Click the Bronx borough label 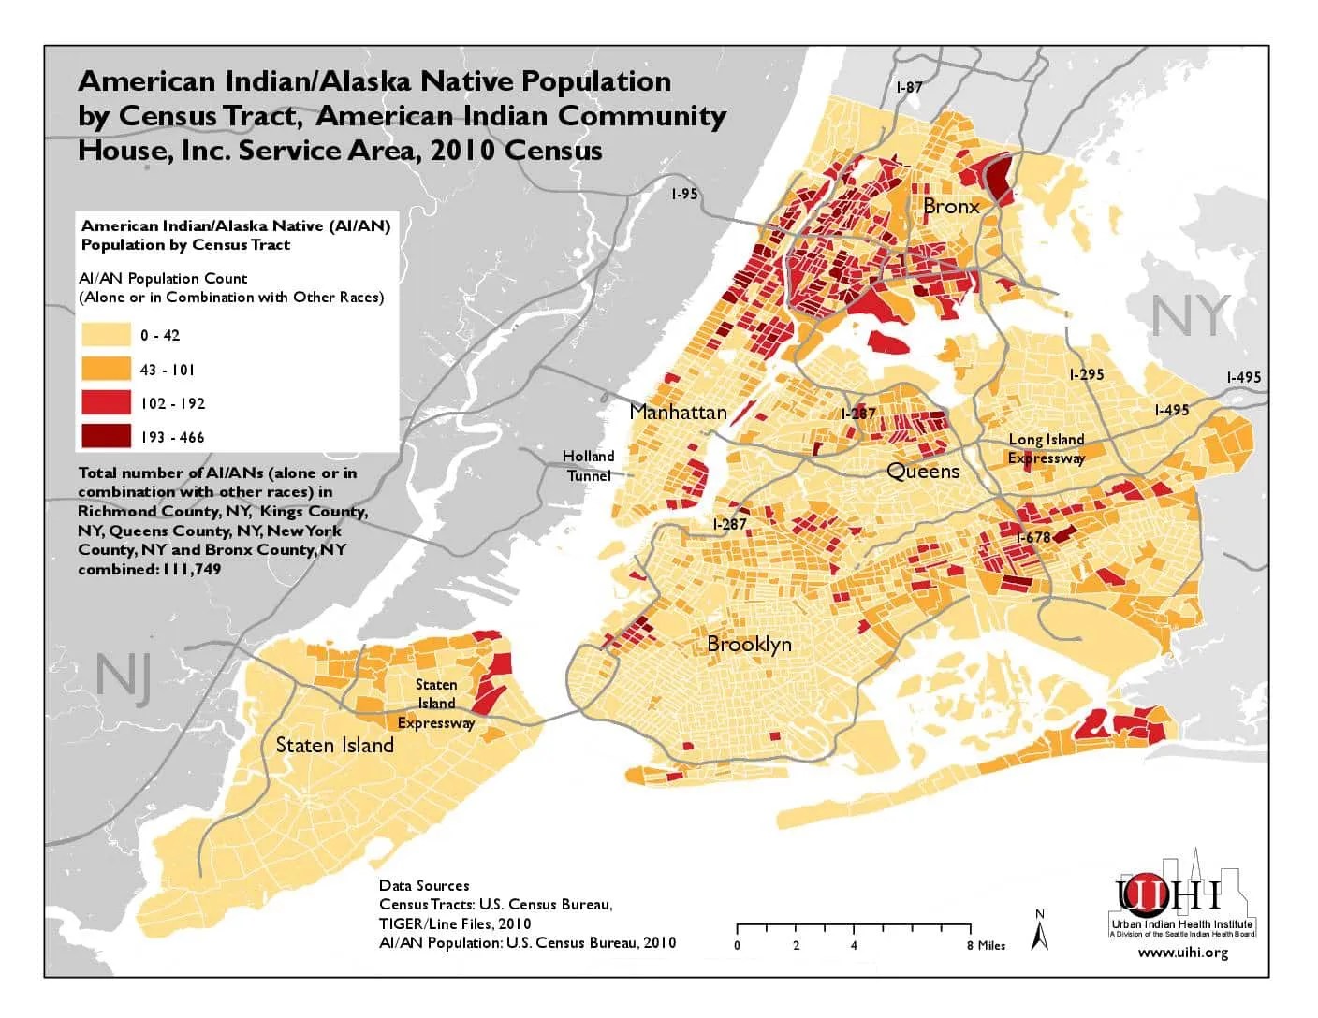tap(950, 206)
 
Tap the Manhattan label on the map tap(678, 412)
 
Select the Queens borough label tap(923, 471)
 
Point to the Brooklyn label tap(749, 644)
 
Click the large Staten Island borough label tap(334, 745)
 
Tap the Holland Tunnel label tap(588, 465)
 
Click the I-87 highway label tap(909, 87)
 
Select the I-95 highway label tap(684, 194)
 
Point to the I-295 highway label tap(1086, 374)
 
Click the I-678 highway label tap(1033, 537)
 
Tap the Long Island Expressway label tap(1046, 448)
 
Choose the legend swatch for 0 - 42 tap(105, 335)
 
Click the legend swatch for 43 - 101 tap(105, 369)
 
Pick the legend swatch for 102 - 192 tap(105, 402)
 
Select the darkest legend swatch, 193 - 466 tap(105, 436)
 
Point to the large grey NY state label tap(1189, 316)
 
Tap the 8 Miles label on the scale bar tap(986, 945)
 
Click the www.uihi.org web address tap(1182, 953)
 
